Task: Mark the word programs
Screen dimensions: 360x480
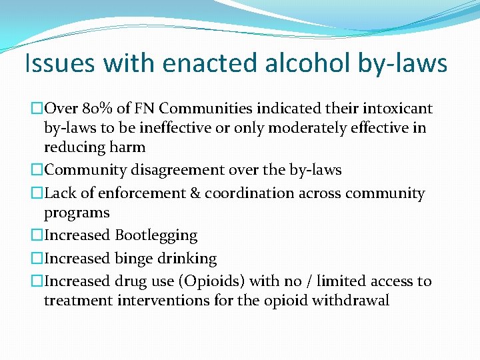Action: tap(77, 213)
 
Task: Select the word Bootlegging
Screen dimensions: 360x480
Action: tap(156, 235)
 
